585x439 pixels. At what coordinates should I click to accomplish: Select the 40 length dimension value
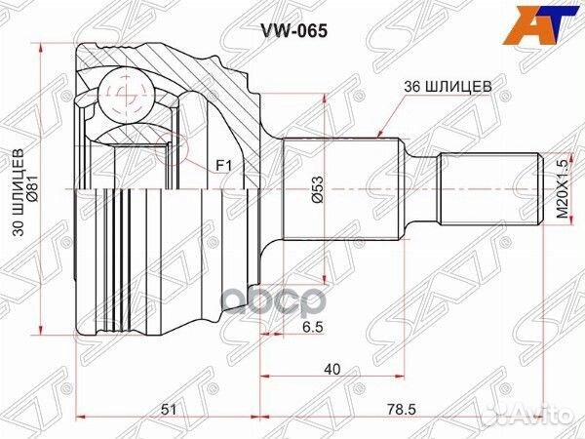(333, 370)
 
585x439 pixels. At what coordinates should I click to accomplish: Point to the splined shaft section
(341, 189)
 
